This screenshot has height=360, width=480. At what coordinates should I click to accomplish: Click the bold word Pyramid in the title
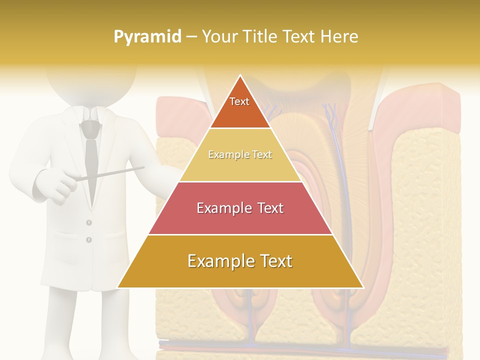tap(147, 37)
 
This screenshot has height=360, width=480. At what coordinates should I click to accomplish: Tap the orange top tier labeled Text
tap(240, 105)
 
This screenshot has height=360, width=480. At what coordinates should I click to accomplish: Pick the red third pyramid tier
tap(240, 208)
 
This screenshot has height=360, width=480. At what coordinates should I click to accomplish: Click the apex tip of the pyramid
tap(240, 76)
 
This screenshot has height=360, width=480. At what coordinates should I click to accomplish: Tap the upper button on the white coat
tap(89, 222)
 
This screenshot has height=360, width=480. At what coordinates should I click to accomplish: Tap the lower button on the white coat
tap(89, 240)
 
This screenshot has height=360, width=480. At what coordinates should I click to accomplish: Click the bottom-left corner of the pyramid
tap(118, 287)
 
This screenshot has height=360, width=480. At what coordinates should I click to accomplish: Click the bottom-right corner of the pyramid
tap(362, 287)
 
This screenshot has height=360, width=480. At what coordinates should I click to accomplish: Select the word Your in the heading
tap(220, 37)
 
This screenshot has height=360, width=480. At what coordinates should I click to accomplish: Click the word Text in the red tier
tap(269, 208)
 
